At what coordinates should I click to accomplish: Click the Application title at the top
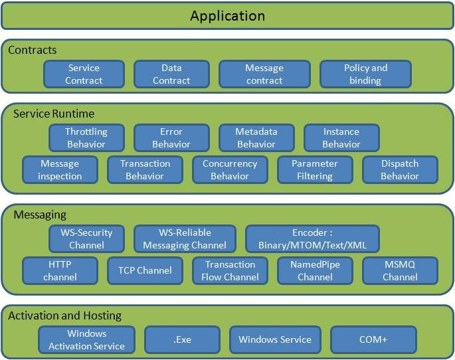pos(227,16)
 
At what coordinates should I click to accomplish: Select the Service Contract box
pos(84,74)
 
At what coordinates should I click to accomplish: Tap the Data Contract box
pos(171,74)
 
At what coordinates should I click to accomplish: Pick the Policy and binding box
pos(365,74)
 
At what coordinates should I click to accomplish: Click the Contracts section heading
pos(33,50)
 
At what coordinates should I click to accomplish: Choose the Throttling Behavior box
pos(86,138)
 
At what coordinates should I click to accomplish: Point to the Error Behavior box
pos(171,138)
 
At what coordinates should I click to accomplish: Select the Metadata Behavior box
pos(256,138)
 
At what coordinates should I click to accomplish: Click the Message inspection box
pos(60,169)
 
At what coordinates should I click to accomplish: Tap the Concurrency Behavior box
pos(229,169)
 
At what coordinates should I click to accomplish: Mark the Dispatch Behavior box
pos(400,169)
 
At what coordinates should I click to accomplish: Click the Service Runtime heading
pos(54,114)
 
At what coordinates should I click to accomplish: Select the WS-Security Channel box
pos(86,239)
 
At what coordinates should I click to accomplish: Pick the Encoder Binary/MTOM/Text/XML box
pos(312,239)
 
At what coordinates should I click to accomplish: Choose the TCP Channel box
pos(145,270)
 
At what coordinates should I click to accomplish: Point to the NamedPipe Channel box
pos(315,270)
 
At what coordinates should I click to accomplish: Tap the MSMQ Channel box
pos(400,270)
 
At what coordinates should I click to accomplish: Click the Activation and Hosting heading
pos(64,315)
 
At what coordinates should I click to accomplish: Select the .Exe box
pos(182,339)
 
